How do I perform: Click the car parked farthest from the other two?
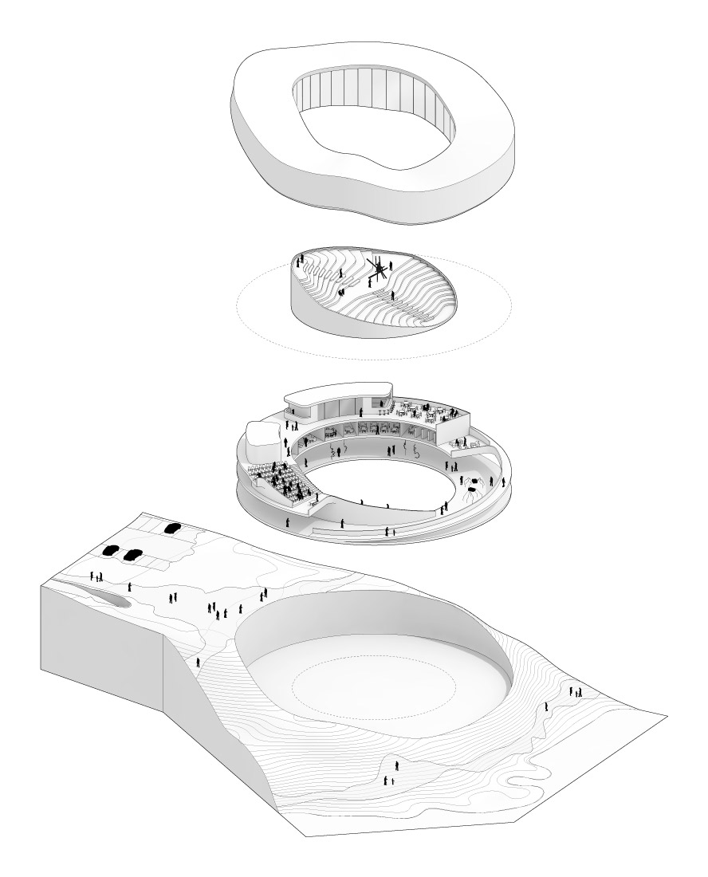171,527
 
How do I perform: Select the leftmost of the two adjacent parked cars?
112,550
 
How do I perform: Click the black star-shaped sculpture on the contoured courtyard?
377,269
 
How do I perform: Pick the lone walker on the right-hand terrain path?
546,707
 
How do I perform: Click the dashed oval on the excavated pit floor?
373,686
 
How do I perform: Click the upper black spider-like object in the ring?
475,482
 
